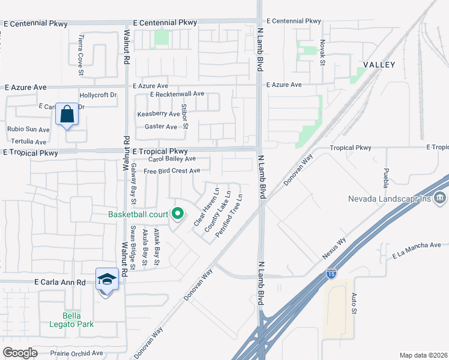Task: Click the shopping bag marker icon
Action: pyautogui.click(x=67, y=114)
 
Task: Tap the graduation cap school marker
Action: pyautogui.click(x=106, y=280)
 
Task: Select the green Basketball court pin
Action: pyautogui.click(x=177, y=214)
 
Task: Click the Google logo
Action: pyautogui.click(x=20, y=353)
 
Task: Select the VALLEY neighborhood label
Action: pyautogui.click(x=379, y=65)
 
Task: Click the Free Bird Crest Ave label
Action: pyautogui.click(x=172, y=171)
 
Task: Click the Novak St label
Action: pyautogui.click(x=322, y=53)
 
